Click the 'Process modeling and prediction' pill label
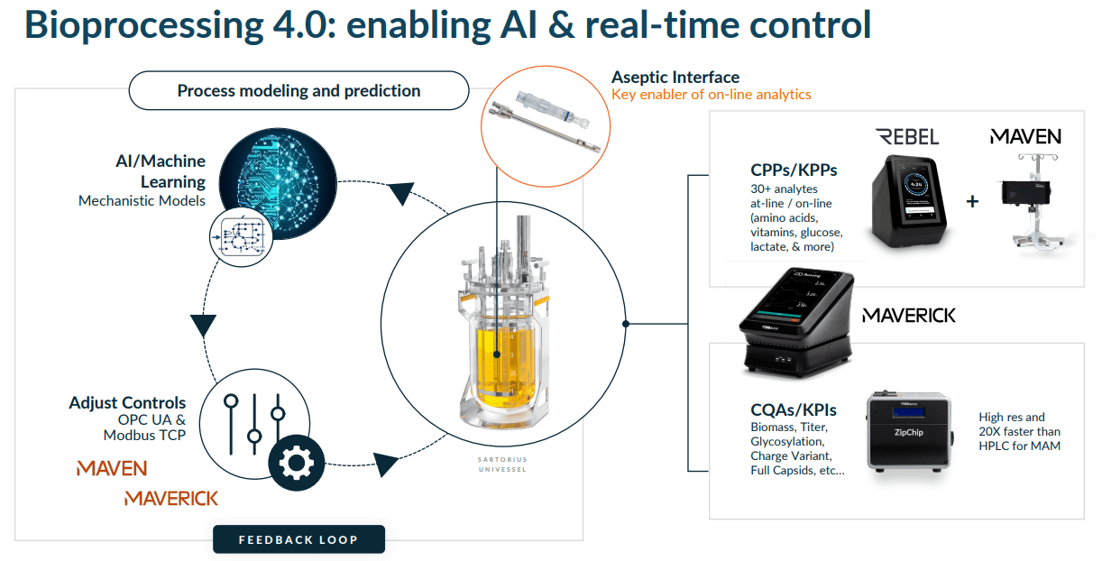click(298, 90)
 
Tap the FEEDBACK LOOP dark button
click(298, 539)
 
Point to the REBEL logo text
click(907, 137)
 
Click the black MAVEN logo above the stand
click(1025, 137)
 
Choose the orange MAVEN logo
click(112, 468)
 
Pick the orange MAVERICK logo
click(171, 498)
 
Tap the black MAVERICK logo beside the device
click(909, 316)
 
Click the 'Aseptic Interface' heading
click(675, 78)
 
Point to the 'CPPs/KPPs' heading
click(794, 170)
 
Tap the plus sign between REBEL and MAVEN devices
click(972, 201)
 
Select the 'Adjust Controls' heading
click(127, 402)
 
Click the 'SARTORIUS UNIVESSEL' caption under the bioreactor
click(502, 463)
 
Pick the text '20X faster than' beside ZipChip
click(1020, 431)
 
